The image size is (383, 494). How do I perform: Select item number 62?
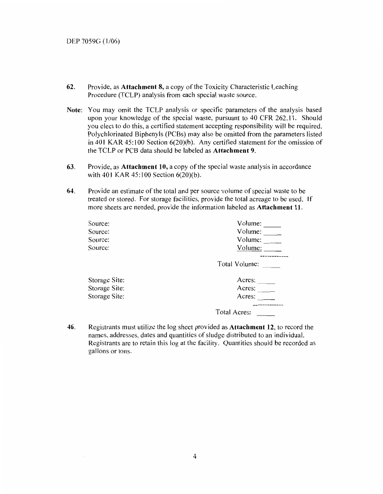(71, 87)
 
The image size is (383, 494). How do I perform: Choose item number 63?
(71, 166)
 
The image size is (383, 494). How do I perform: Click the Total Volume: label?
(237, 264)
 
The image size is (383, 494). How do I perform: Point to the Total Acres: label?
(234, 312)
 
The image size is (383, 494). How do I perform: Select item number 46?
(71, 327)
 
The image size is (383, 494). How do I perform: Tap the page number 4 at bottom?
(195, 457)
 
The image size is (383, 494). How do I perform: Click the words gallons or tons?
(110, 351)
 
